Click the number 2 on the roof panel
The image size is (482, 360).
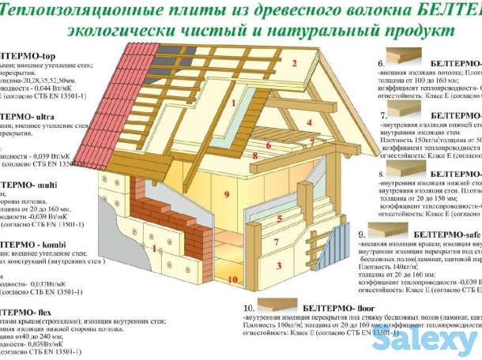[293, 65]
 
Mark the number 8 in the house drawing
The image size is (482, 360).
[255, 157]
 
